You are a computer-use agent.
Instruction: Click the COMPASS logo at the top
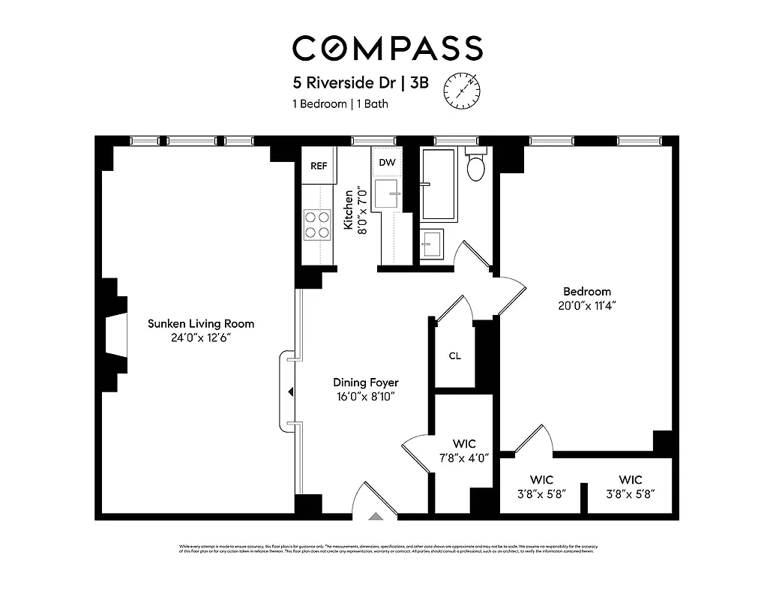[387, 49]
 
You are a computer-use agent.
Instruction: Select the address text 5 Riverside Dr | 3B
[361, 83]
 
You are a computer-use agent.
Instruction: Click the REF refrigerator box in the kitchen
[319, 166]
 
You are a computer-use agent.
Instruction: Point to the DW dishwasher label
[387, 163]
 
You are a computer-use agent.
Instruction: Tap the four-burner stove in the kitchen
[317, 223]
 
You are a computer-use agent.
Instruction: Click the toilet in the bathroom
[477, 166]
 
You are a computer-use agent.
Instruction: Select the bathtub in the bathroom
[439, 184]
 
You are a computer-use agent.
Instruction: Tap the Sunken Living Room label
[201, 324]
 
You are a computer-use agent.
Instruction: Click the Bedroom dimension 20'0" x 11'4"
[587, 305]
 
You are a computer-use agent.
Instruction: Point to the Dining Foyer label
[367, 382]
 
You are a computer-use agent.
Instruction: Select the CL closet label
[454, 355]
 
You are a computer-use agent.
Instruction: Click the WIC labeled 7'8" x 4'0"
[464, 457]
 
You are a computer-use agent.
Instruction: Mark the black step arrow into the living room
[290, 391]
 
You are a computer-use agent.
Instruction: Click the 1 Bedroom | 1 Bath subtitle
[340, 104]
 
